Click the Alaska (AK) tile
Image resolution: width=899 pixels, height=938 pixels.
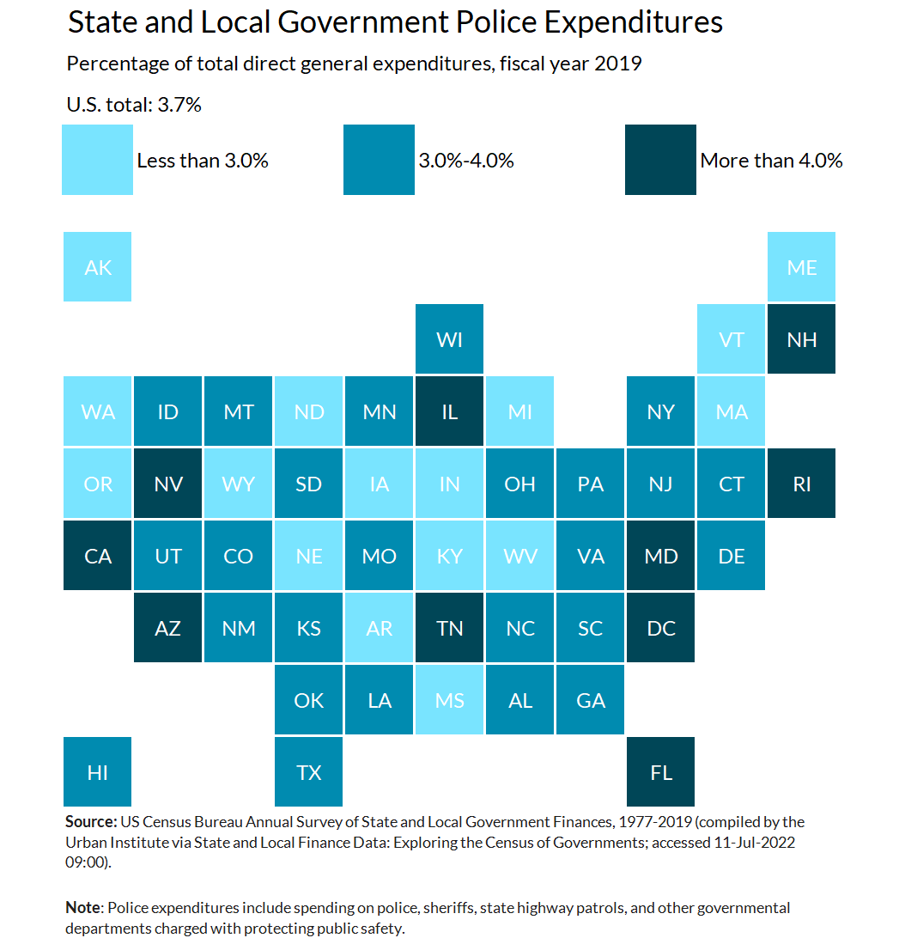tap(98, 267)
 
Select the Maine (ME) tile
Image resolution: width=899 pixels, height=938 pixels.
tap(801, 267)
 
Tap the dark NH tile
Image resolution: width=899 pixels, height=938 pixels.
tap(801, 339)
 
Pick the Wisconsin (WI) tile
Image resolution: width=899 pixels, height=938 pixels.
tap(449, 339)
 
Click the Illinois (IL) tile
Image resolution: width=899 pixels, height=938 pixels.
tap(449, 411)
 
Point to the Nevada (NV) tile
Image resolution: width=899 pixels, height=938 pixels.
tap(168, 484)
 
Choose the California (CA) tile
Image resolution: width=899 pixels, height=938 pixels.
tap(98, 556)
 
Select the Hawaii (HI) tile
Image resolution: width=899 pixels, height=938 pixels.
tap(98, 772)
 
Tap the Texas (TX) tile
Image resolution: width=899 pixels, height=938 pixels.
tap(309, 772)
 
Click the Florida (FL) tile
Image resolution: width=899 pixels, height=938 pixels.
tap(660, 772)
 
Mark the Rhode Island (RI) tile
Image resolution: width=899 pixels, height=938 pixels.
tap(801, 484)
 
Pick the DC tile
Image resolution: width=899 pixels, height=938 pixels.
tap(660, 628)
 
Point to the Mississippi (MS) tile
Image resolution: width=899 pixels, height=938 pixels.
tap(449, 700)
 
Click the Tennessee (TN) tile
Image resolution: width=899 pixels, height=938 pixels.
tap(449, 628)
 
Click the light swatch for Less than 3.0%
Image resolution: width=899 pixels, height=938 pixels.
tap(98, 160)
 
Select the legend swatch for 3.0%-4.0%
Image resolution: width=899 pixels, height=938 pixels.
tap(379, 160)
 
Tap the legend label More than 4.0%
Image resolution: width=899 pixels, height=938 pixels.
tap(771, 161)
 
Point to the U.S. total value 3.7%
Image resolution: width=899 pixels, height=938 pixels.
tap(183, 106)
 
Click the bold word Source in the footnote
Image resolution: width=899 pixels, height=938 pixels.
tap(90, 822)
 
